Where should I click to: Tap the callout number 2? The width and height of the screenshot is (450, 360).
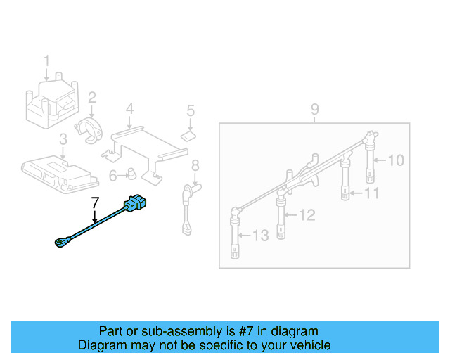click(x=92, y=98)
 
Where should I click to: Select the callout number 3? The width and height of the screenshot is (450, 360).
click(x=63, y=139)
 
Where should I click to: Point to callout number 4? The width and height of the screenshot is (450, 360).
click(x=129, y=108)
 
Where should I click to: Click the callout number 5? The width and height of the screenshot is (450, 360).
click(x=190, y=110)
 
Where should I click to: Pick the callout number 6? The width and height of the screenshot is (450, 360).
click(x=113, y=174)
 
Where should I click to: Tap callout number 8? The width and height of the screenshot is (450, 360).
click(x=195, y=165)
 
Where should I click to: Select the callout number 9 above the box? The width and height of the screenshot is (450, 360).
click(x=314, y=109)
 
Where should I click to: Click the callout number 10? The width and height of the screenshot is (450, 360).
click(x=397, y=160)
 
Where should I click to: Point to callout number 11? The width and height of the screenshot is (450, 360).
click(x=372, y=193)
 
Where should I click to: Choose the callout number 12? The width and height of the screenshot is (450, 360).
click(x=307, y=215)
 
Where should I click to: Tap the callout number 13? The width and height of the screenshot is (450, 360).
click(x=260, y=236)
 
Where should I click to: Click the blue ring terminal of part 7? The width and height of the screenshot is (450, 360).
click(x=59, y=243)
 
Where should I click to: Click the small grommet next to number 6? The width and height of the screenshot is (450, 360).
click(x=131, y=173)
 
